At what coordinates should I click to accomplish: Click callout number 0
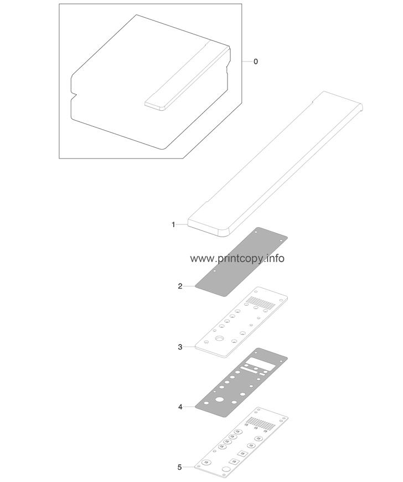click(x=256, y=61)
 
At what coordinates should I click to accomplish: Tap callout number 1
click(x=173, y=225)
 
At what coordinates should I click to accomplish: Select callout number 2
click(x=180, y=286)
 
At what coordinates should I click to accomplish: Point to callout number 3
click(x=180, y=347)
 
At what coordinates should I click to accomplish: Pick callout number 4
click(x=180, y=407)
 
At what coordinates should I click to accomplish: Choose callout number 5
click(x=180, y=467)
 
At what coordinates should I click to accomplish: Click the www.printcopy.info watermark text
click(x=237, y=259)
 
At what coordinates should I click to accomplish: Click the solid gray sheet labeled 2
click(x=241, y=262)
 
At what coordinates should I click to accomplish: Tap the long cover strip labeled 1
click(x=276, y=164)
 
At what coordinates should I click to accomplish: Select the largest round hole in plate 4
click(x=219, y=399)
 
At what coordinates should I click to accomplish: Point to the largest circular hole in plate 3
click(x=220, y=339)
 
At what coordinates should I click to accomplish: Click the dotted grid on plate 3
click(x=261, y=302)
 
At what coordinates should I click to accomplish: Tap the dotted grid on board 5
click(x=261, y=423)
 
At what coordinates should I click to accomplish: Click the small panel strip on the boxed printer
click(x=188, y=75)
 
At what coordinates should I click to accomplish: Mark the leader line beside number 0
click(x=247, y=61)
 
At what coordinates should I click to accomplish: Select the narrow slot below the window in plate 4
click(x=250, y=369)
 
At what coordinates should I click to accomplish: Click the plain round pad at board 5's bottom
click(x=226, y=469)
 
